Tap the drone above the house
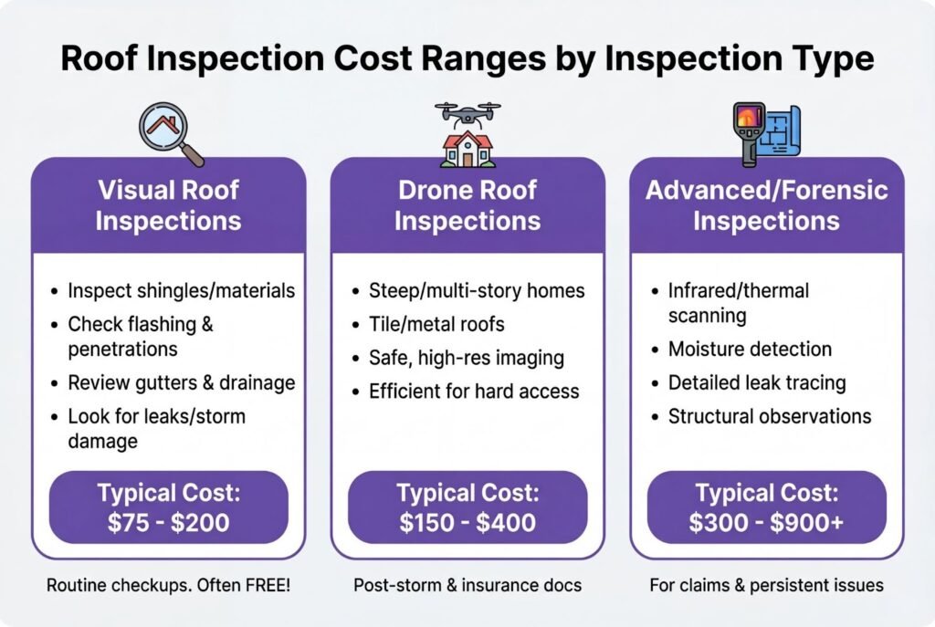[x=467, y=114]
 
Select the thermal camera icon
[x=750, y=133]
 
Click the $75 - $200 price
[x=169, y=523]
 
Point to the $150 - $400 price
[x=467, y=523]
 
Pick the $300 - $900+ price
[x=766, y=523]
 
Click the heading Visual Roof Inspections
[x=169, y=205]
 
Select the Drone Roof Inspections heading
[x=467, y=205]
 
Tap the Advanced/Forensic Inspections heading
[x=766, y=205]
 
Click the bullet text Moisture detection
[x=750, y=349]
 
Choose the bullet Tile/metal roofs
[x=436, y=324]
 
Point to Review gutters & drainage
[x=182, y=382]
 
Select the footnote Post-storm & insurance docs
[x=467, y=585]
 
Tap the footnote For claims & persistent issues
[x=766, y=585]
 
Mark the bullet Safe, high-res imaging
[x=467, y=358]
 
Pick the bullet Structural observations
[x=769, y=416]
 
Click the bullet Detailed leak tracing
[x=757, y=382]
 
